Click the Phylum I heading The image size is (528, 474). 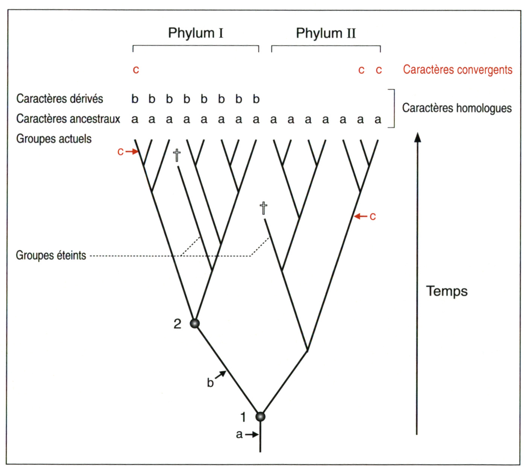pos(196,33)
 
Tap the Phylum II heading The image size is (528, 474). pos(326,33)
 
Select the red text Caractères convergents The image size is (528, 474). pos(457,70)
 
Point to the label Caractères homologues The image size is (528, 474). pos(457,108)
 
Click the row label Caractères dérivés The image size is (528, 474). pos(59,99)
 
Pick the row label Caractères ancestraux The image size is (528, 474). pos(68,119)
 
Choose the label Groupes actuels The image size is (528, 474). pos(54,139)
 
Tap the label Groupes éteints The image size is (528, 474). pos(51,255)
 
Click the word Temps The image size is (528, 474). pos(447,291)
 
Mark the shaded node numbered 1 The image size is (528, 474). pos(260,416)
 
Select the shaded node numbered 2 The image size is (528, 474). pos(194,323)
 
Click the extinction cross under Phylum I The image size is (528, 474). pos(177,155)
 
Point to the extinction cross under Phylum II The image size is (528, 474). pos(264,208)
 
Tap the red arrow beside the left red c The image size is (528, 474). pos(132,152)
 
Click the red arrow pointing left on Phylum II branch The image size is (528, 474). pos(361,216)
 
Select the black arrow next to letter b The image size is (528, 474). pos(221,375)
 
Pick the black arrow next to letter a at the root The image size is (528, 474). pos(252,434)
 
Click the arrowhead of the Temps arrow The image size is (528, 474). pos(417,137)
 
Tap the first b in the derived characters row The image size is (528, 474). pos(135,99)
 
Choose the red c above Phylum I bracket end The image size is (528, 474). pos(136,70)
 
